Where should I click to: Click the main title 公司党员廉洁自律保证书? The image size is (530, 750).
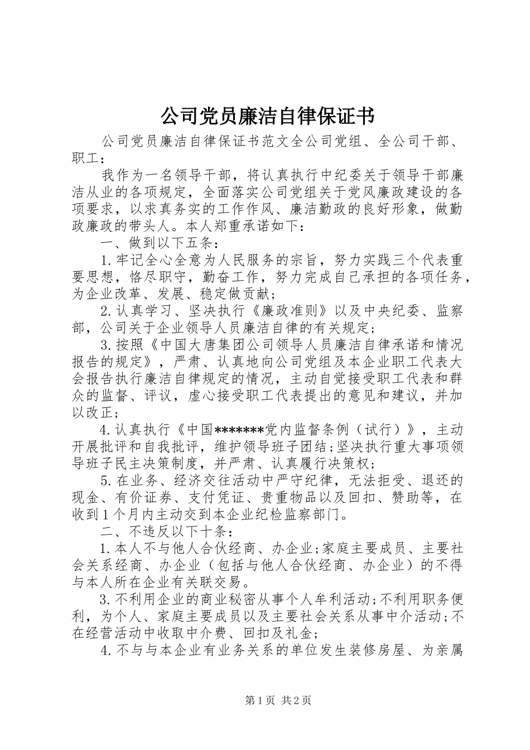click(x=267, y=116)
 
